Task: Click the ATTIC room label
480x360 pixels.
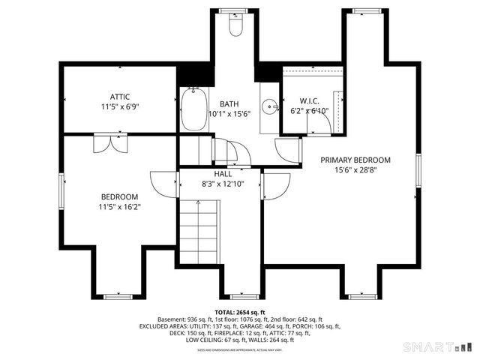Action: coord(120,96)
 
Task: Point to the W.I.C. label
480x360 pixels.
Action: coord(309,100)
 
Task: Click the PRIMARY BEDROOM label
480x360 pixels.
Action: coord(355,160)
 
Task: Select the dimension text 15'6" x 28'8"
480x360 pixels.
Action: coord(355,170)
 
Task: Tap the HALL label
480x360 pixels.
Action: coord(212,173)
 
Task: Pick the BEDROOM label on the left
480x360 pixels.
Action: coord(120,196)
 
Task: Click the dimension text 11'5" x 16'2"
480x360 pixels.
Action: coord(120,207)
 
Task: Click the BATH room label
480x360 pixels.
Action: coord(229,103)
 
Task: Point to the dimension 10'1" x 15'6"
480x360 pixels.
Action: coord(229,114)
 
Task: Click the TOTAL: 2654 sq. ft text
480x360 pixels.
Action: coord(239,311)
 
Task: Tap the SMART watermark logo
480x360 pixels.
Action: coord(438,346)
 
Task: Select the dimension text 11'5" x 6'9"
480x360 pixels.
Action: coord(120,106)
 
